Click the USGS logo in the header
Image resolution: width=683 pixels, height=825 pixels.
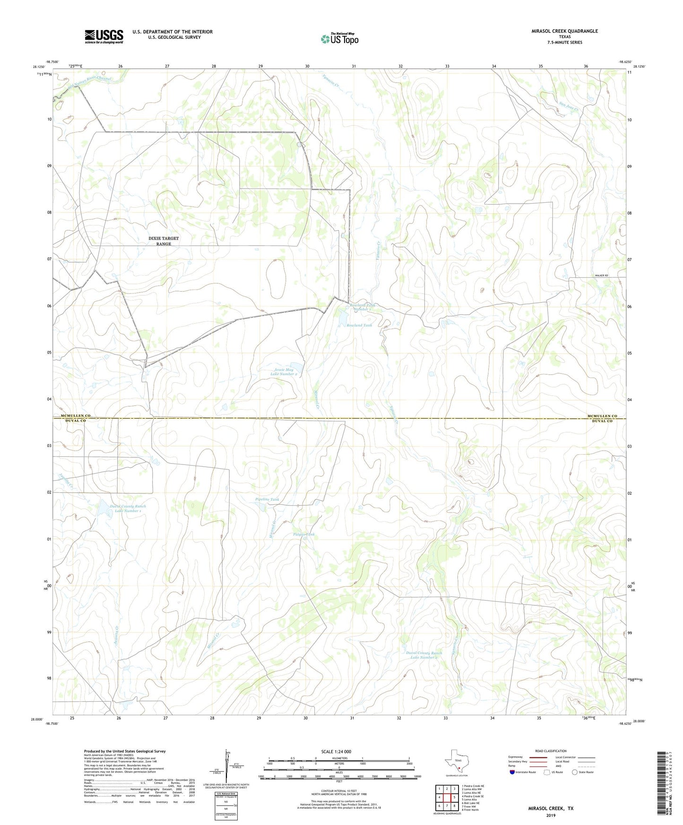coord(104,36)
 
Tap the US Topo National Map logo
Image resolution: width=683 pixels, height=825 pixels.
coord(339,39)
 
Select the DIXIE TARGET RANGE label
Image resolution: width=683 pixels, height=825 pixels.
coord(164,241)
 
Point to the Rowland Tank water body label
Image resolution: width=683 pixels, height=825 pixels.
coord(359,325)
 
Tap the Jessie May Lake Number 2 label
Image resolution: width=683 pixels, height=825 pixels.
coord(284,372)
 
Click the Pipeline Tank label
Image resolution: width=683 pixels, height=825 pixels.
coord(267,499)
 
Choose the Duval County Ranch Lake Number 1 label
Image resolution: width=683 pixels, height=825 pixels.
coord(128,508)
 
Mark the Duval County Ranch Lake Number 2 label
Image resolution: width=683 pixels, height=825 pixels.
coord(424,655)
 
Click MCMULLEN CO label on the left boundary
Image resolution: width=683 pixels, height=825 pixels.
coord(71,416)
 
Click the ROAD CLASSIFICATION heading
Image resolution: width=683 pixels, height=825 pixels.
coord(551,751)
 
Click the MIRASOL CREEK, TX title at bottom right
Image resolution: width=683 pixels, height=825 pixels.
coord(551,808)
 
